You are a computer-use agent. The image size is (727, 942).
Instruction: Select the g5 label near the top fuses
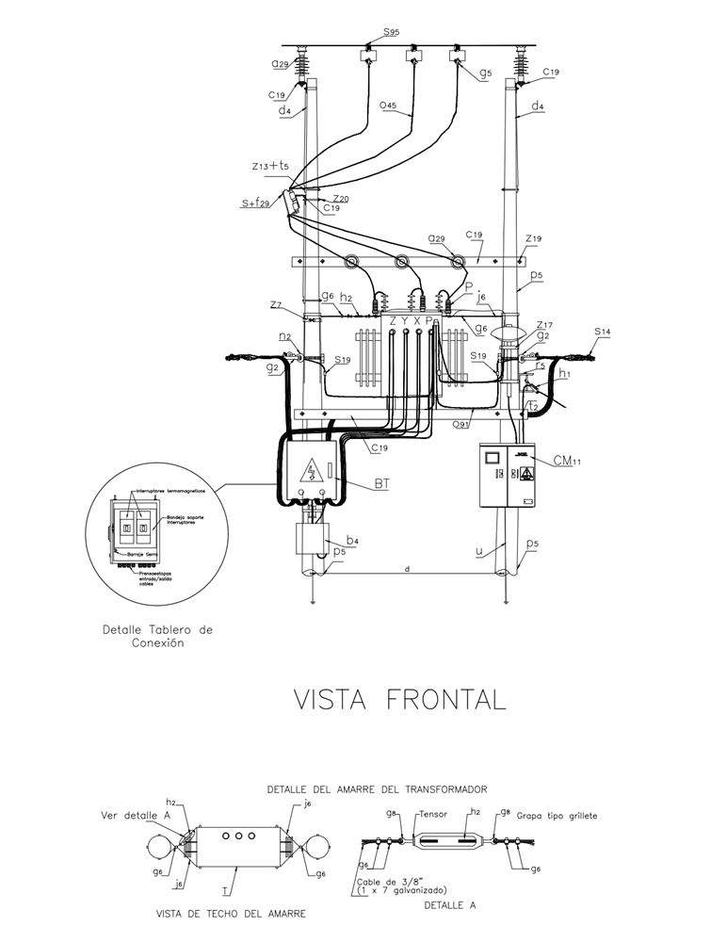tap(485, 73)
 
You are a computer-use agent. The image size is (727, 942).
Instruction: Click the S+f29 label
tap(257, 203)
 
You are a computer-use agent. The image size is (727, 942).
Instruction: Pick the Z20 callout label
tap(341, 199)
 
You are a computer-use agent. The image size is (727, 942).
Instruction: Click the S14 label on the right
tap(604, 332)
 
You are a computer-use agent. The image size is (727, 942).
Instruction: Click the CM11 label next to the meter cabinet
tap(565, 461)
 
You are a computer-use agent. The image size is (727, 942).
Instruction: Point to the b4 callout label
tap(351, 540)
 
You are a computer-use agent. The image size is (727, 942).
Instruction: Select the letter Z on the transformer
tap(393, 321)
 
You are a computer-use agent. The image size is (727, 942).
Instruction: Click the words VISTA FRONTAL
tap(399, 699)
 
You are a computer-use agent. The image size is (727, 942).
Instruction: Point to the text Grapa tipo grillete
tap(557, 816)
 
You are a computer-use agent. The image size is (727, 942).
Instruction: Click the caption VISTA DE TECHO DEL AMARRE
tap(231, 913)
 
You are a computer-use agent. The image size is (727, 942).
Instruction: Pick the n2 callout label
tap(284, 335)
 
